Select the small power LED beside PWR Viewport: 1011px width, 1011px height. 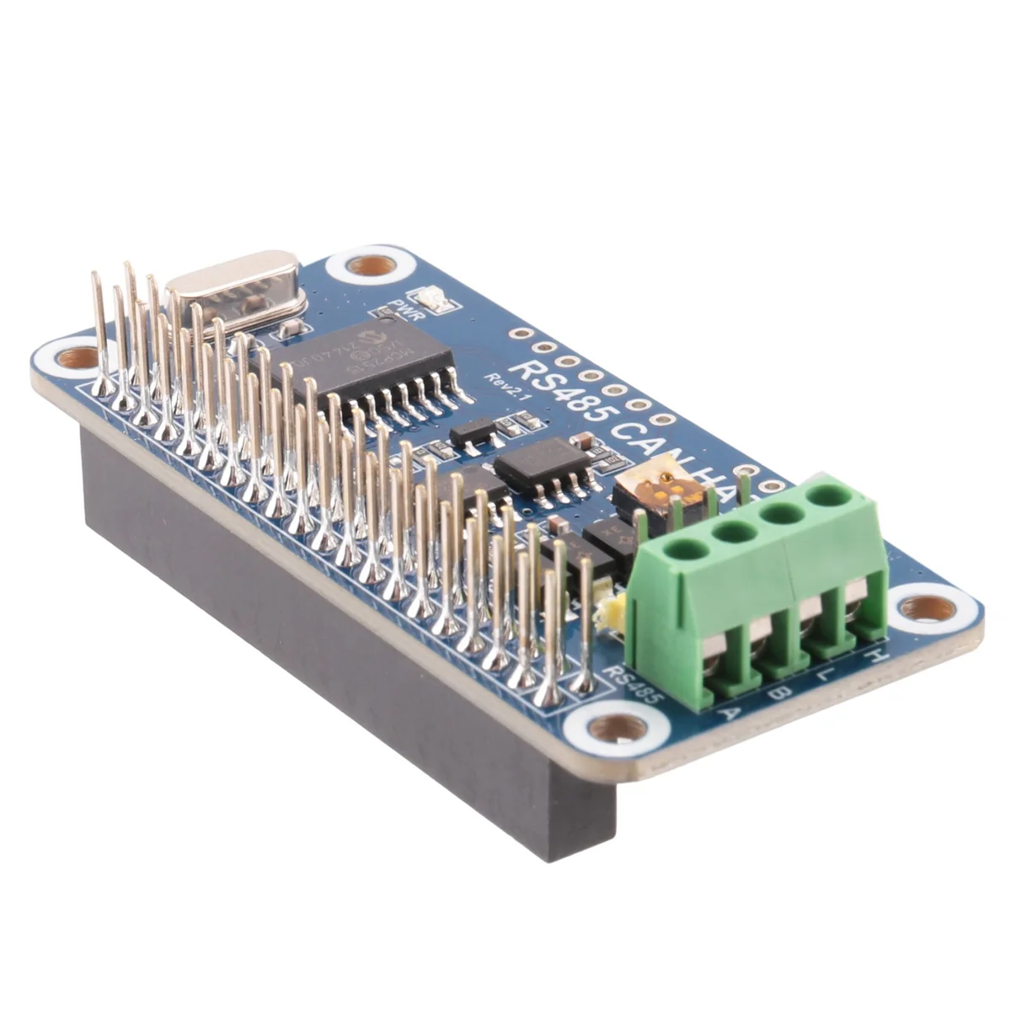[436, 298]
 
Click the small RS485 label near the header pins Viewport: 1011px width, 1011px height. [634, 686]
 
